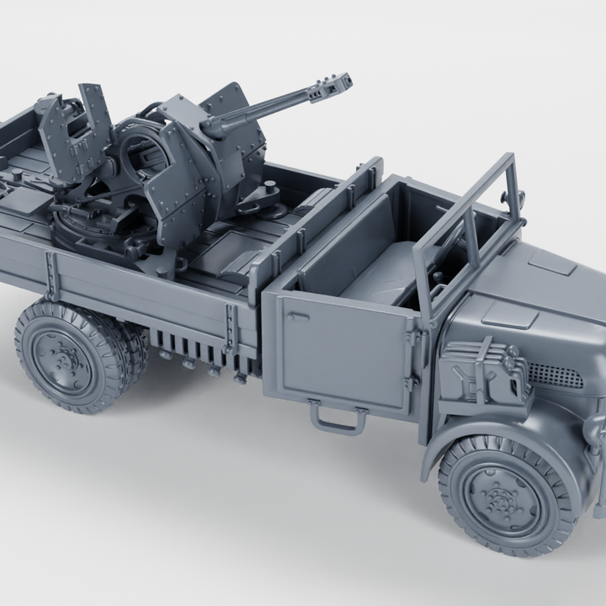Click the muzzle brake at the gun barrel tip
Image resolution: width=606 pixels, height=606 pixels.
coord(332,84)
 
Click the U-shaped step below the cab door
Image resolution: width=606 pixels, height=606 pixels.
coord(338,417)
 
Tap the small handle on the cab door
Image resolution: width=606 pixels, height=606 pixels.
coord(296,318)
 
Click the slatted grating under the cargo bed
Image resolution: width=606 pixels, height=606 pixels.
coord(189,345)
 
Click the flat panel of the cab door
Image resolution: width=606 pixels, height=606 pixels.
coord(341,353)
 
